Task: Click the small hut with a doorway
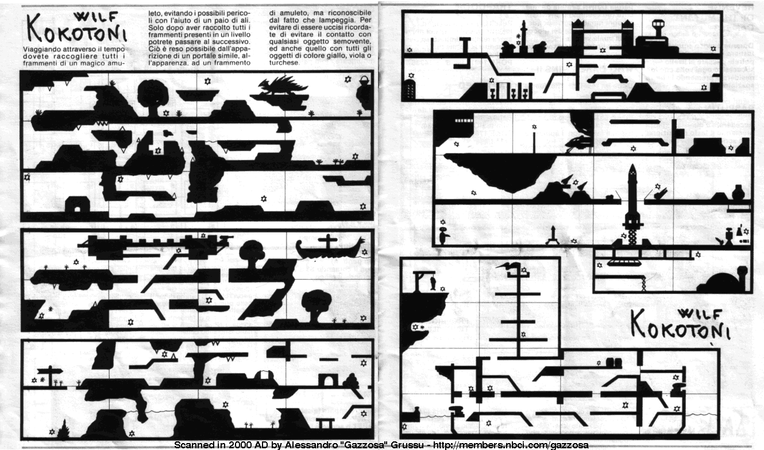[78, 204]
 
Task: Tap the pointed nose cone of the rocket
[632, 169]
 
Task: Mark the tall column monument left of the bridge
[523, 35]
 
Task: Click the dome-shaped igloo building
[725, 281]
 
